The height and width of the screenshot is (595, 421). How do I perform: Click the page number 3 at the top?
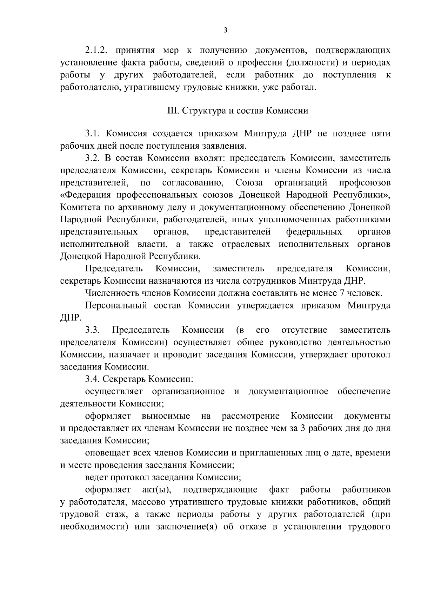tap(226, 31)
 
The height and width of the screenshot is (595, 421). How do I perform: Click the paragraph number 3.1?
tap(93, 134)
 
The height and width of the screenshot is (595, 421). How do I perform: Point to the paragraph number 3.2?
tap(93, 158)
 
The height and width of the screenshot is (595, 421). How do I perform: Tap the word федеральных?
tap(314, 232)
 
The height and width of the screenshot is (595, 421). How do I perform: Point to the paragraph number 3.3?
tap(93, 330)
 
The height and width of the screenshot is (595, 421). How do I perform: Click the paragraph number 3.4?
tap(93, 379)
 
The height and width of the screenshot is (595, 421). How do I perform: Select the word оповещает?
tap(107, 453)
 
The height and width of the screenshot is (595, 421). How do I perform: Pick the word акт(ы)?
tap(156, 489)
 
